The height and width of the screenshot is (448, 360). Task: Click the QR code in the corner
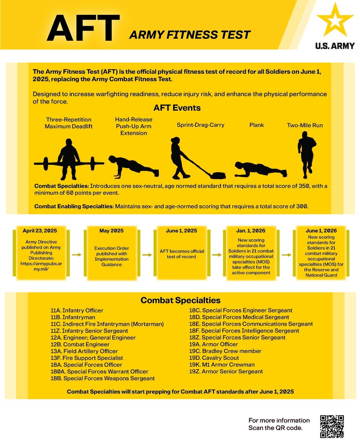point(332,426)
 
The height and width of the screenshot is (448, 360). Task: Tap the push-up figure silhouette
point(133,165)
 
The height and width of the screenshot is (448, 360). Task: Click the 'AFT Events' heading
point(177,109)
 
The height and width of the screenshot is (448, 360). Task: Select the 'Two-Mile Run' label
point(304,125)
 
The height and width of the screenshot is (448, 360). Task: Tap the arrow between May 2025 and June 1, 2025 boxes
point(146,254)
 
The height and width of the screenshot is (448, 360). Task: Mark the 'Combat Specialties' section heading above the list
point(180,300)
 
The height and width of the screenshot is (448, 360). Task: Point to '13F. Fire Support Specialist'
point(87,358)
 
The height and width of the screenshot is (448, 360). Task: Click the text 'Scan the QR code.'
point(276,428)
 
